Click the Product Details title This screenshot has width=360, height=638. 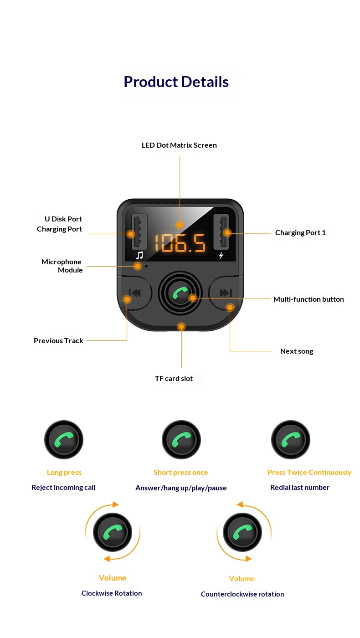[x=176, y=82]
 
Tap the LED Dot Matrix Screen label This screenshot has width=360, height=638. [x=179, y=145]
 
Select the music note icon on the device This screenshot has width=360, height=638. [x=139, y=255]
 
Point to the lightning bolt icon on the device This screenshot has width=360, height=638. [x=221, y=255]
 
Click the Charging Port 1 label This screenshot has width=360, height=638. [x=300, y=233]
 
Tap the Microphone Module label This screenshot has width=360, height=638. [x=62, y=266]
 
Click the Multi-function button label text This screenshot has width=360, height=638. [x=309, y=299]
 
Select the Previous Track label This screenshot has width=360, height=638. [x=58, y=341]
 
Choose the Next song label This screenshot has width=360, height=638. [x=297, y=351]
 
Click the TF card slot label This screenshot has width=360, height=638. [x=174, y=379]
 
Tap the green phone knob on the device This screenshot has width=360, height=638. [x=180, y=293]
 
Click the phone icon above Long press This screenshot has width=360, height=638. [x=64, y=440]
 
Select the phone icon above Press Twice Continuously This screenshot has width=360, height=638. [x=291, y=440]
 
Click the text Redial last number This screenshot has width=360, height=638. [x=299, y=488]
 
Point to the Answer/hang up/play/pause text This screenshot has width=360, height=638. [x=181, y=488]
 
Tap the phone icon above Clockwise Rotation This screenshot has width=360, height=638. [x=113, y=532]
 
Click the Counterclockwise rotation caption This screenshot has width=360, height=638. [x=242, y=594]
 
